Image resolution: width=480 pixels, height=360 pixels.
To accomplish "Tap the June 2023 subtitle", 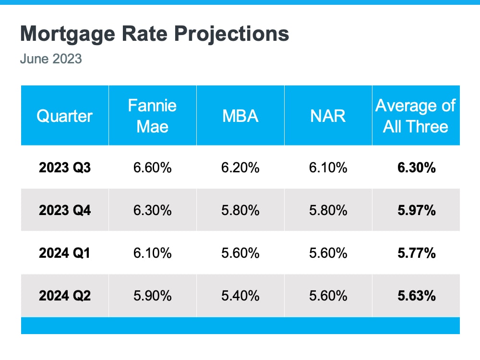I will (x=51, y=59).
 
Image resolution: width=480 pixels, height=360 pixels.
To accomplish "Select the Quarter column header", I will (x=64, y=116).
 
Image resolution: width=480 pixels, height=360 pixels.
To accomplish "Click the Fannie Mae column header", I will (x=152, y=116).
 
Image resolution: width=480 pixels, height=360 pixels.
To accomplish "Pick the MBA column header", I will (x=240, y=116).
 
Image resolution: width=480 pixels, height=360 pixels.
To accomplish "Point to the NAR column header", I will (x=328, y=116).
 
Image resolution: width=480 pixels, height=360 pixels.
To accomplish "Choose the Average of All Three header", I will (x=416, y=116).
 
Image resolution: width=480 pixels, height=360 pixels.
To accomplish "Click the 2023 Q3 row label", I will (x=64, y=168).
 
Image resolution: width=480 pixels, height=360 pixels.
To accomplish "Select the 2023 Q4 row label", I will (x=64, y=210).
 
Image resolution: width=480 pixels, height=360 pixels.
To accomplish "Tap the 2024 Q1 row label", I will (x=64, y=252).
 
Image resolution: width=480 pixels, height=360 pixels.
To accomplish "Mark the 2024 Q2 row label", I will (x=64, y=295).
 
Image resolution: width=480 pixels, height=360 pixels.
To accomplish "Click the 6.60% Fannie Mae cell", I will (x=152, y=168).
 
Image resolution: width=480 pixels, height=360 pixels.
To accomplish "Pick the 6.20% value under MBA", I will (x=240, y=168).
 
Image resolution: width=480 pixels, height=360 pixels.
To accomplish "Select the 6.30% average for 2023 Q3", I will (x=416, y=168).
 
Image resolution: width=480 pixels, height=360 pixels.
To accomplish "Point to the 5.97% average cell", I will (x=416, y=210).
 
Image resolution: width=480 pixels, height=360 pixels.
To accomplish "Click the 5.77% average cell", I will (x=416, y=252).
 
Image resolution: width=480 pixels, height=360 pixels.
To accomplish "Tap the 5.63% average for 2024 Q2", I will (x=416, y=295).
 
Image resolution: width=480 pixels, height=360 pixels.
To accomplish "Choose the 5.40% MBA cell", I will (x=240, y=295).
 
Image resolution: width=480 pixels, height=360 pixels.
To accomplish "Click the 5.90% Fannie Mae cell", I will (x=152, y=295).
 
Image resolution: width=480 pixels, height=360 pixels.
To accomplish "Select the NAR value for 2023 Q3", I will (x=328, y=168).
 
